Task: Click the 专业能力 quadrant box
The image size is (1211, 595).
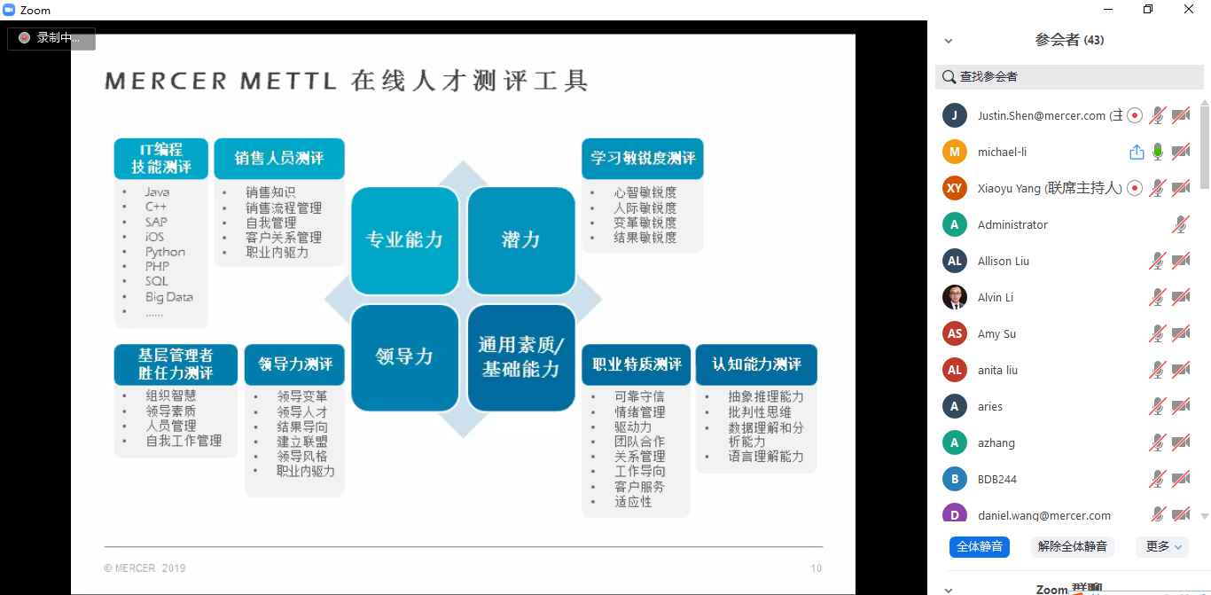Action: (x=405, y=240)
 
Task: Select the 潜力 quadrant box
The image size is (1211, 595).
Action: (x=521, y=240)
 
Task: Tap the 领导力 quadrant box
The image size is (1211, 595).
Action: (x=405, y=357)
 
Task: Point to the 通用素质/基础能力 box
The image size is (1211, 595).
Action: (x=521, y=357)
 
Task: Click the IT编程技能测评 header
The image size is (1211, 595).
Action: (x=161, y=159)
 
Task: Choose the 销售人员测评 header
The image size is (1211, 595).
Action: (x=279, y=159)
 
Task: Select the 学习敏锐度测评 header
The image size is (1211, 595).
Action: (x=642, y=159)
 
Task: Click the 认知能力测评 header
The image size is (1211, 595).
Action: (x=756, y=364)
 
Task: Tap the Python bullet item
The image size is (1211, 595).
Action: (x=165, y=252)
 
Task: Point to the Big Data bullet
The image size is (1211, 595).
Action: (x=168, y=297)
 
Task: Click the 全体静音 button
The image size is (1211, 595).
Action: (x=979, y=547)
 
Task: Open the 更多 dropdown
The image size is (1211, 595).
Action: (x=1163, y=547)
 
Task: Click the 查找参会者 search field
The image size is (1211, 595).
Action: (x=1069, y=77)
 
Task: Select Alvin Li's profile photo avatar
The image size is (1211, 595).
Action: (x=955, y=298)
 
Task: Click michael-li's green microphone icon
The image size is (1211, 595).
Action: (x=1158, y=152)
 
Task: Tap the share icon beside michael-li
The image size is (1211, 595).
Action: (x=1137, y=152)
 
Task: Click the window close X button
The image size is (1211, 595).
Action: (x=1188, y=9)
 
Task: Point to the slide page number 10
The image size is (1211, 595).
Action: (x=816, y=568)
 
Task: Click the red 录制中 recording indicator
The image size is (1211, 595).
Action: (x=24, y=38)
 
